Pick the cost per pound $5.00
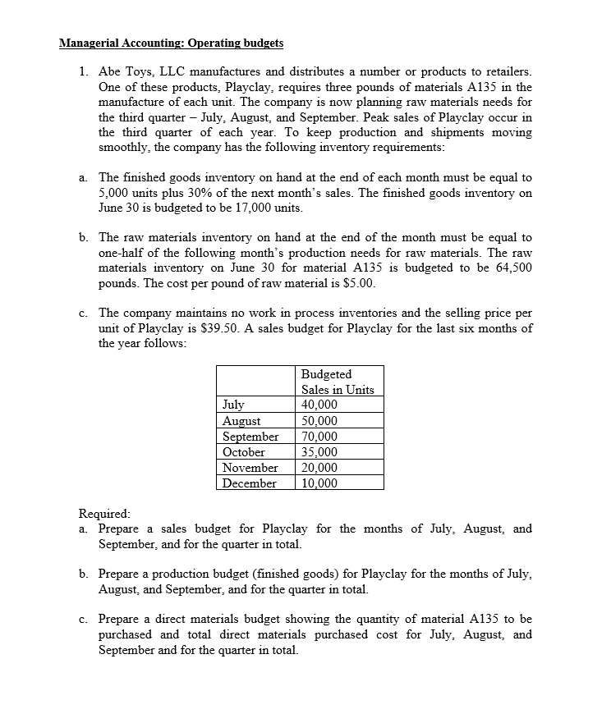coord(359,284)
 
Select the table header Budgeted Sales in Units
coord(338,382)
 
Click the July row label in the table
coord(234,405)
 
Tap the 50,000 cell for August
coord(319,421)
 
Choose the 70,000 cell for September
coord(319,437)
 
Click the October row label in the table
coord(244,452)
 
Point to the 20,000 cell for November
coord(319,468)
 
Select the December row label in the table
coord(250,483)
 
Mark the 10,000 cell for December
coord(319,483)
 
